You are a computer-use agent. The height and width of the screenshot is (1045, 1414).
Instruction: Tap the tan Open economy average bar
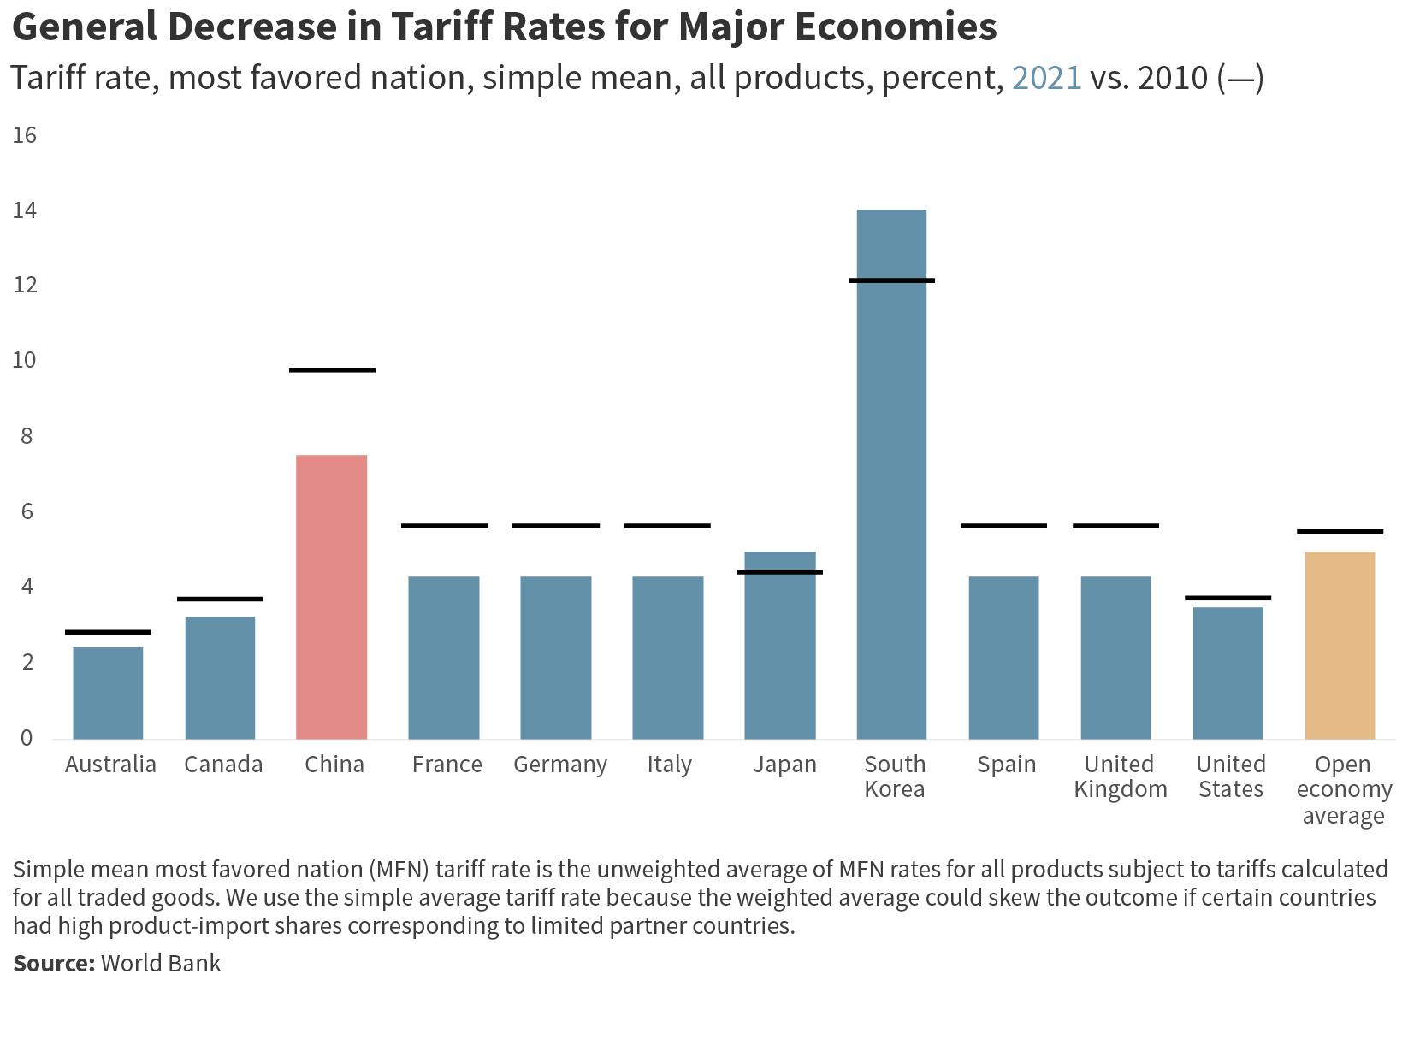1340,645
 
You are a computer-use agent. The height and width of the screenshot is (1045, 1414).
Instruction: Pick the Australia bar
108,693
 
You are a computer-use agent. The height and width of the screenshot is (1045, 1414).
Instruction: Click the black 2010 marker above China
332,370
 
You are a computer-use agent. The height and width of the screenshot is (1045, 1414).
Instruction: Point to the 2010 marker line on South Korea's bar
891,280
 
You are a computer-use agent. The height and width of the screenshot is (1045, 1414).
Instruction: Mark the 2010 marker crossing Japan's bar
779,572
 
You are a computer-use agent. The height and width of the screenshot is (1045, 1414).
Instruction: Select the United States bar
1228,673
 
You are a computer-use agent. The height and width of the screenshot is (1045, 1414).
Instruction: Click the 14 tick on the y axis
25,210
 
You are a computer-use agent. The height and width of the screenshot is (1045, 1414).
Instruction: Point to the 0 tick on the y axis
27,738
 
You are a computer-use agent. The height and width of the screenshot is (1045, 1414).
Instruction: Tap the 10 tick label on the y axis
25,361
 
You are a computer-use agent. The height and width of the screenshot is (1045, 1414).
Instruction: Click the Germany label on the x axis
559,765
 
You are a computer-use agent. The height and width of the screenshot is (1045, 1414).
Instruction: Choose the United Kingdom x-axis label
1120,776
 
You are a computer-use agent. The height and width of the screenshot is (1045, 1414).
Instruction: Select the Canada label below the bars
223,765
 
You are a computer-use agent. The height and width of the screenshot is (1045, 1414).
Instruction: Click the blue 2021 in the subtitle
1046,78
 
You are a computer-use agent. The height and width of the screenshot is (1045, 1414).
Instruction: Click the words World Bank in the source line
161,963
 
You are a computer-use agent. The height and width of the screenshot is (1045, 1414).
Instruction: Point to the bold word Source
53,963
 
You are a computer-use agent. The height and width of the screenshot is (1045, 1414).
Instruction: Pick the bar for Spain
1003,658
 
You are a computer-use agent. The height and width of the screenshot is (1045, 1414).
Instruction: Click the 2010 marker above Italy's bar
667,526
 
